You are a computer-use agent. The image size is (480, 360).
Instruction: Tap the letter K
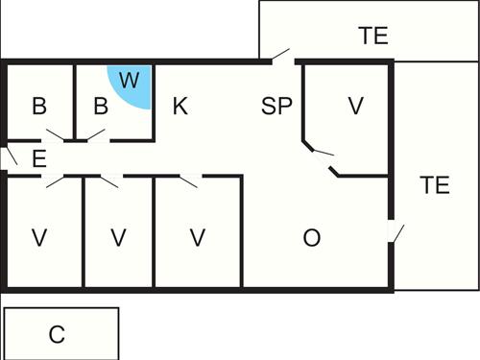pos(180,106)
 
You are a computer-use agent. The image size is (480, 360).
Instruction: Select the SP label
pos(276,106)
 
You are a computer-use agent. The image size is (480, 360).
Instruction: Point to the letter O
pos(311,238)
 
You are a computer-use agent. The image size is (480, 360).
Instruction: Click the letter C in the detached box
pos(58,334)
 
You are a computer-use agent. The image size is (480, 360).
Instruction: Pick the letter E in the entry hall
pos(39,159)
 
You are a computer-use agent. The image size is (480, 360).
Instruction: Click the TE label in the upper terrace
pos(373,36)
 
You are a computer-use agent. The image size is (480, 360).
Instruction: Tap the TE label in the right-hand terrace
pos(435,185)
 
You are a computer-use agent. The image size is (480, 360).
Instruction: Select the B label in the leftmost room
pos(39,106)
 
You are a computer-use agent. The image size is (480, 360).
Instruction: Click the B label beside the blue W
pos(100,106)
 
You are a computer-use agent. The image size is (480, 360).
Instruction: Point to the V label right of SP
pos(356,106)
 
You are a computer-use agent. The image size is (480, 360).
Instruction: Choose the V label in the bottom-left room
pos(39,238)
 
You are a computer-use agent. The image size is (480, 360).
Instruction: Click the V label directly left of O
pos(198,238)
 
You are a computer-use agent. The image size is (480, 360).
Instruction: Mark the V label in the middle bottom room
pos(118,238)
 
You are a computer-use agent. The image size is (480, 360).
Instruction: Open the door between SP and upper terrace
pos(281,57)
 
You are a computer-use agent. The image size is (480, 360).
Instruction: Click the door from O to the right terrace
pos(396,232)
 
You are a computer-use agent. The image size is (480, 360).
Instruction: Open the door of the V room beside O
pos(190,179)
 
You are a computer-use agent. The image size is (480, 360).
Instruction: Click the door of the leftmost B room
pos(54,137)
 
